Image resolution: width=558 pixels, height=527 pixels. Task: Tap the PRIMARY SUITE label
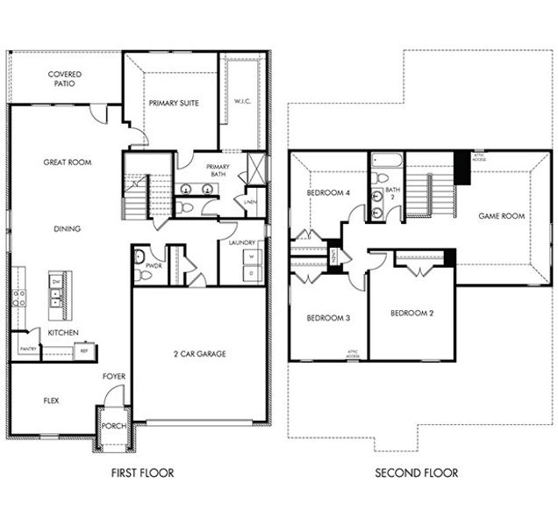173,103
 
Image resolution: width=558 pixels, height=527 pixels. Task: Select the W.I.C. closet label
242,101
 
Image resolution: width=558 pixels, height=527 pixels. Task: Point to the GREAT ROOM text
68,162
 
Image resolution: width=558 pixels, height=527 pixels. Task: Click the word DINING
67,229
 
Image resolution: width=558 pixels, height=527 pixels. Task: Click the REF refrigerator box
84,350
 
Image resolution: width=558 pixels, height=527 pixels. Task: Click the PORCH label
114,426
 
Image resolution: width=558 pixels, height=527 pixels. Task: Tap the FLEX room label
51,400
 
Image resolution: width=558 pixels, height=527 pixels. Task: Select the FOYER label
113,377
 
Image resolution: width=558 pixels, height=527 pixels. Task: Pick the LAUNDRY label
241,242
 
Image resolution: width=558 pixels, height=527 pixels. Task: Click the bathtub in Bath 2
385,160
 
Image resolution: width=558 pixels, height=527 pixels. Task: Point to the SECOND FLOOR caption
416,473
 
